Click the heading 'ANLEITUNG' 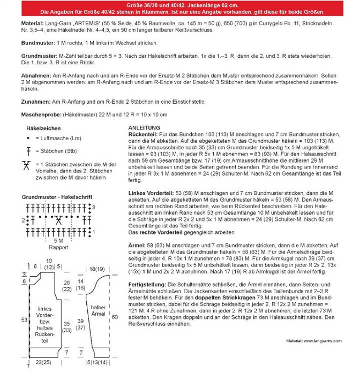tap(144, 127)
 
